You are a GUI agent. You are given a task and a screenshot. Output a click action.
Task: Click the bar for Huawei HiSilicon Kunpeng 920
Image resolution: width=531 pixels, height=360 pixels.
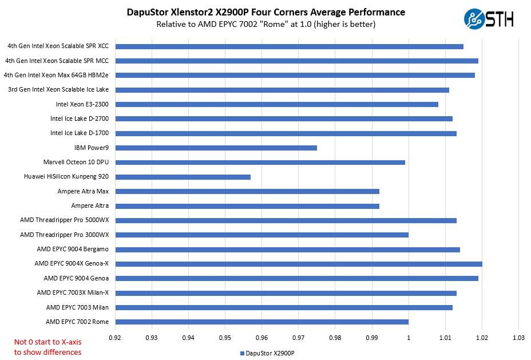(x=183, y=177)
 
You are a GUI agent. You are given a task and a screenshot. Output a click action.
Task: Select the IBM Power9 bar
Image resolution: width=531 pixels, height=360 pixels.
(x=216, y=148)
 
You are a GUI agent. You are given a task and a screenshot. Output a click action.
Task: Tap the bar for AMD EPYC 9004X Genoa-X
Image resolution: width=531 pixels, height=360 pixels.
(x=298, y=264)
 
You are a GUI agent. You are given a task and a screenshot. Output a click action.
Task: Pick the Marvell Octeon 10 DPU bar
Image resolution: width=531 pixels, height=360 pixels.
(x=260, y=162)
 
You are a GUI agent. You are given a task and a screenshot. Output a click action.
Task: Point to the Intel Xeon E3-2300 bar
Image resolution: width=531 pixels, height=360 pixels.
(x=276, y=104)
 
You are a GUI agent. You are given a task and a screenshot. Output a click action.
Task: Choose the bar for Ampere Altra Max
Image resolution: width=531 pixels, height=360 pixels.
(x=247, y=191)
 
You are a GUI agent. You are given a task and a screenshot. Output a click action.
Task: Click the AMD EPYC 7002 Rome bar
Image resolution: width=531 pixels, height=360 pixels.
(x=261, y=322)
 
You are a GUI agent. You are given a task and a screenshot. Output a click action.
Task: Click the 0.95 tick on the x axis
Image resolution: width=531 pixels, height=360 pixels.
(x=225, y=338)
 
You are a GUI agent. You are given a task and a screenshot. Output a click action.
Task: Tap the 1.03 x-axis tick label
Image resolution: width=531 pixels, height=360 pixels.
(x=518, y=338)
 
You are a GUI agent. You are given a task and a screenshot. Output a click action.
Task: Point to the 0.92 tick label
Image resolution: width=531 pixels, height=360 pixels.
(x=115, y=338)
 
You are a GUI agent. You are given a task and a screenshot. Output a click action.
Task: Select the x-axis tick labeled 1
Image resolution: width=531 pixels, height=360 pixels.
(x=409, y=338)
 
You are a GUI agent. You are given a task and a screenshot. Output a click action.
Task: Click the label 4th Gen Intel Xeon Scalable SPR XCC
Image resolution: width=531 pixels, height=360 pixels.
(x=58, y=46)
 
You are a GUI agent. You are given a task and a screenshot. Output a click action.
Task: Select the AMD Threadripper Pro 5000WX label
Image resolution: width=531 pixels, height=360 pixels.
(x=64, y=220)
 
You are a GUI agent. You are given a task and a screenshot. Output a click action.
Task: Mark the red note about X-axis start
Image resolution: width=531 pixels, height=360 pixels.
(x=47, y=347)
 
